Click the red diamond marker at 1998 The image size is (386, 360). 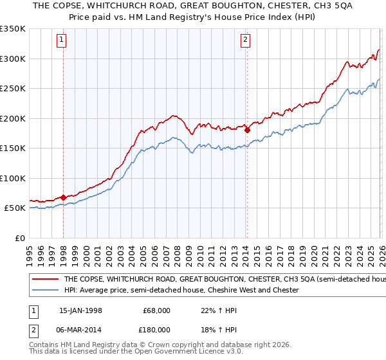(x=64, y=197)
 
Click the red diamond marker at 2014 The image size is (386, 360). (x=247, y=130)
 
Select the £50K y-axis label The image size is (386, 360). (x=15, y=208)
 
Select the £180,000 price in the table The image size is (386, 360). (x=156, y=329)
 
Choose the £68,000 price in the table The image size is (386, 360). (x=156, y=310)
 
